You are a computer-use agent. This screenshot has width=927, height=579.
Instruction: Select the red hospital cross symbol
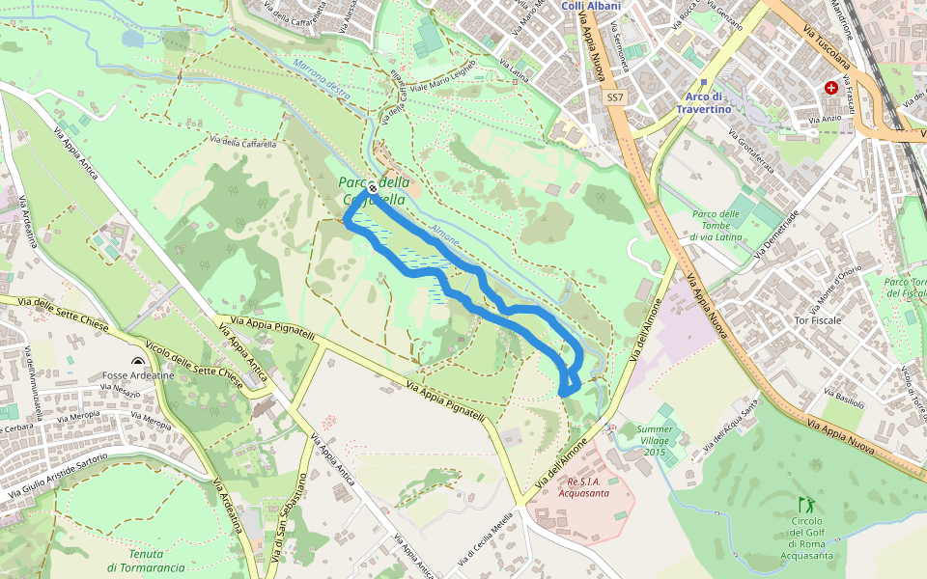830,87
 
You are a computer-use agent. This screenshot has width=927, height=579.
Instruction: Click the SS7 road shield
615,98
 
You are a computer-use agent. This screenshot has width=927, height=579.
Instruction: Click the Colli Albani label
590,6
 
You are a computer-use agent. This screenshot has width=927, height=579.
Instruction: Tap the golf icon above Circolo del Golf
805,504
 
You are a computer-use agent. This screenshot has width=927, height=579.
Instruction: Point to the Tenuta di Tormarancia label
146,561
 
